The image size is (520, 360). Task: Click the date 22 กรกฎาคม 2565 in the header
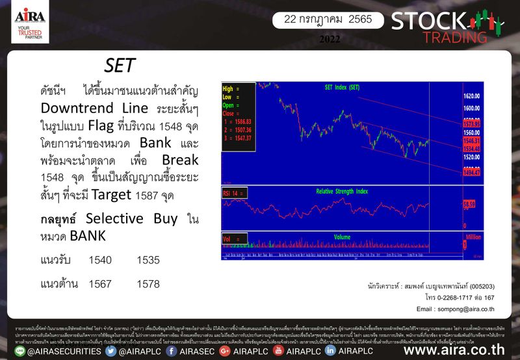[323, 19]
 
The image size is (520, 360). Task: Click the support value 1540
[100, 260]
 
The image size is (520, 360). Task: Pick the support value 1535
[149, 260]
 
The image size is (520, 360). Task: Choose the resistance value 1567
[100, 285]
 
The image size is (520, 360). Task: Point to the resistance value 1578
[149, 285]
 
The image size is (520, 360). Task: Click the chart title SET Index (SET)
[342, 87]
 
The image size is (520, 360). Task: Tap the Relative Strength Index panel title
[342, 191]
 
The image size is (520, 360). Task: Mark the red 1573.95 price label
[471, 123]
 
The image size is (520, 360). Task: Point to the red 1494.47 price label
[471, 172]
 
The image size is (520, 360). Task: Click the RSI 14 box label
[231, 192]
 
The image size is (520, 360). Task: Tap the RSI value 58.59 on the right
[470, 204]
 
